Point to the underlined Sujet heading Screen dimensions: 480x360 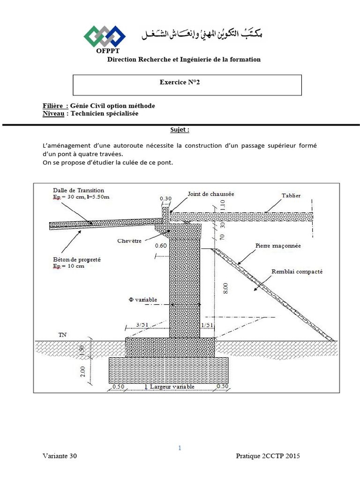coord(180,130)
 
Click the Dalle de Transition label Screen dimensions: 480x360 coord(79,190)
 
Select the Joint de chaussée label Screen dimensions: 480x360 coord(210,194)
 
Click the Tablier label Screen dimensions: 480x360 coord(291,195)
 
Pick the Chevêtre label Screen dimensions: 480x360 coord(130,240)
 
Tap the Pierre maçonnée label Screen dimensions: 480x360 coord(278,246)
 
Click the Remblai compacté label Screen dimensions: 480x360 coord(297,271)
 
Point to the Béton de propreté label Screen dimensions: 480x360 coord(77,259)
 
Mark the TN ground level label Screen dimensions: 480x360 coord(62,335)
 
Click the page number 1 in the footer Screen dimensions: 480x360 coord(180,448)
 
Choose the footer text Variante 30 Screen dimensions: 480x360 coord(60,456)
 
